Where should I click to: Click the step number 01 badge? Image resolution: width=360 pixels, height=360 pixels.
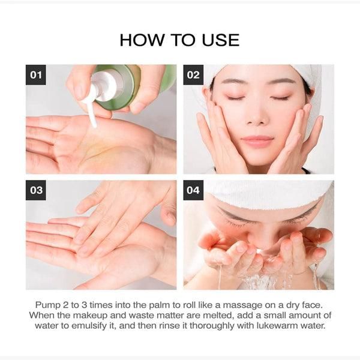36,75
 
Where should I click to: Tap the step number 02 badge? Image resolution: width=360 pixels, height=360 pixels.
193,75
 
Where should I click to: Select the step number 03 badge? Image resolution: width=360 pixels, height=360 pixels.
36,190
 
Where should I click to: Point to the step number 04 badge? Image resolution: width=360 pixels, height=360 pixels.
193,190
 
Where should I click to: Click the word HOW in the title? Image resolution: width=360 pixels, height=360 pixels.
142,40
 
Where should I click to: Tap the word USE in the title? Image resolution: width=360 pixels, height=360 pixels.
221,40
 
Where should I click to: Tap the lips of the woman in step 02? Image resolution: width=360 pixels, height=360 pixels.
257,140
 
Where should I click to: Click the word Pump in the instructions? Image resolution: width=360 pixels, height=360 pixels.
47,305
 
